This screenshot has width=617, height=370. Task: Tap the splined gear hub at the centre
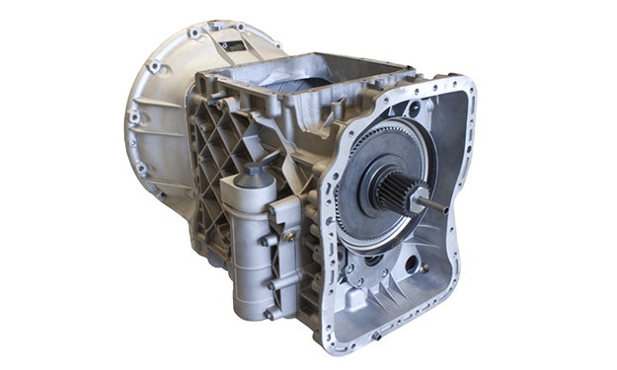(x=392, y=188)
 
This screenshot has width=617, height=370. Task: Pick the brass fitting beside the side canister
(x=288, y=234)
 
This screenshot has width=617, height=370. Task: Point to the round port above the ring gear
(x=411, y=108)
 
